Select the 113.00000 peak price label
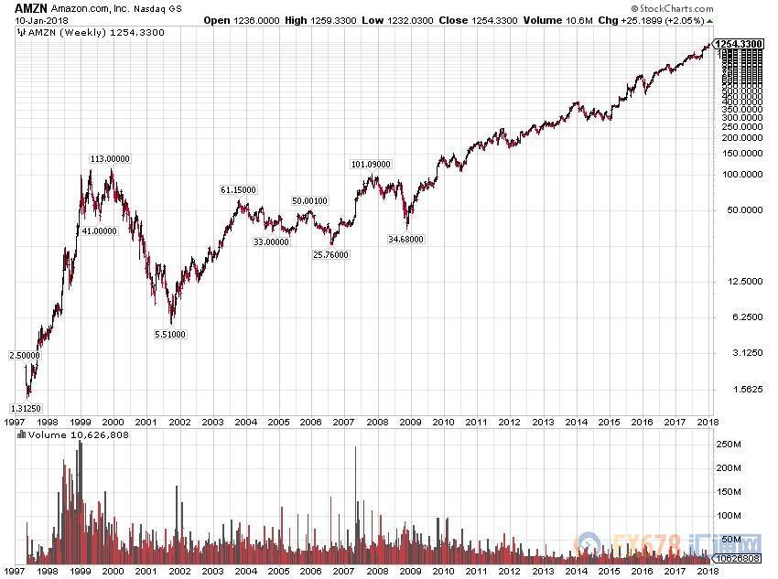click(x=109, y=158)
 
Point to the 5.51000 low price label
click(x=170, y=334)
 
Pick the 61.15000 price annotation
click(x=238, y=189)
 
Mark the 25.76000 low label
click(x=330, y=254)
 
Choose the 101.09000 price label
click(x=371, y=165)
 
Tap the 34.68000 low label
click(x=405, y=239)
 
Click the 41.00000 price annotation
click(x=99, y=231)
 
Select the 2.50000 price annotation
click(x=24, y=355)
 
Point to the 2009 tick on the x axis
click(x=410, y=422)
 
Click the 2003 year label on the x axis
click(x=212, y=422)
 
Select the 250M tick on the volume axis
click(x=728, y=444)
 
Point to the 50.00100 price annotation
click(x=309, y=200)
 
